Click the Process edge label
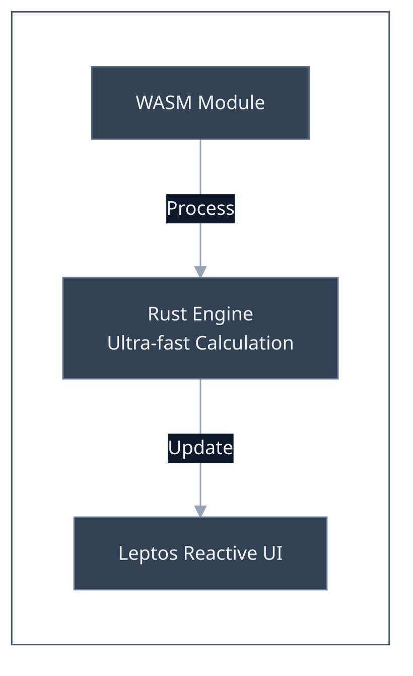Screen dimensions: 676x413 pyautogui.click(x=200, y=208)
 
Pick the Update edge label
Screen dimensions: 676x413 pyautogui.click(x=200, y=448)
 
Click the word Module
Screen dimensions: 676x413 pyautogui.click(x=231, y=103)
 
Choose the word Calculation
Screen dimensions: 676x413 pyautogui.click(x=244, y=343)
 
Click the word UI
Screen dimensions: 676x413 pyautogui.click(x=272, y=554)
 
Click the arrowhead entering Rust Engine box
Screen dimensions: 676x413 pyautogui.click(x=200, y=271)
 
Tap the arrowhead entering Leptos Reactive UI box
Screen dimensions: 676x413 pyautogui.click(x=200, y=511)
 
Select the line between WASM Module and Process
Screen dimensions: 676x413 pyautogui.click(x=200, y=166)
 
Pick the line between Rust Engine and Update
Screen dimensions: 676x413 pyautogui.click(x=200, y=406)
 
